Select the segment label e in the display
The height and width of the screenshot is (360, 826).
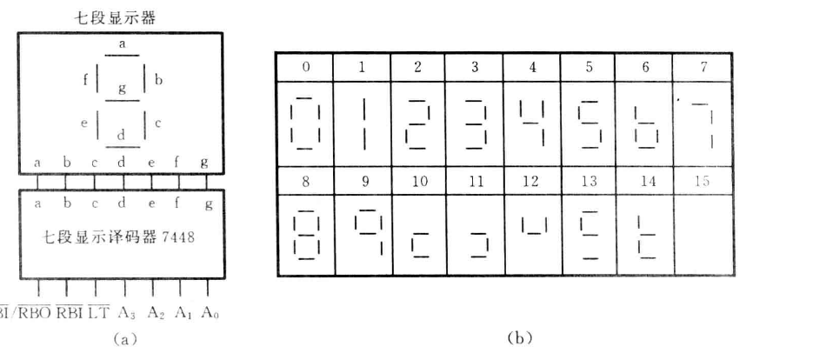84,123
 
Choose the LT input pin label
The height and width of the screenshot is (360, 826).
97,313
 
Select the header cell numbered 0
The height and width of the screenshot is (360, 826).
304,66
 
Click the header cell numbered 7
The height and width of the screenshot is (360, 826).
703,66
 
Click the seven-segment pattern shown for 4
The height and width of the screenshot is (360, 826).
531,122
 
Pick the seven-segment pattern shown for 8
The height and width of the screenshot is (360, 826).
304,236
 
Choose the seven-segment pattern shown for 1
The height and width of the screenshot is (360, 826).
361,122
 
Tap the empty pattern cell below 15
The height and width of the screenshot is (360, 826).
703,236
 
